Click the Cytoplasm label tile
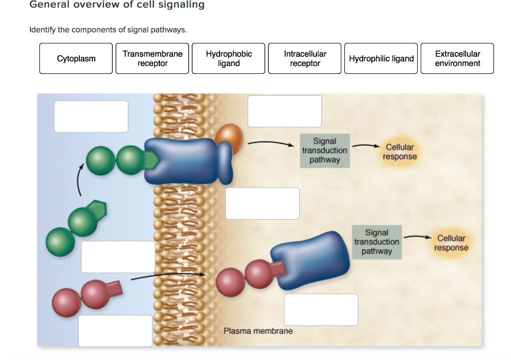click(x=76, y=58)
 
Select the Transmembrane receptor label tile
click(x=152, y=58)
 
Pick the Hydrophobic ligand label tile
click(x=229, y=58)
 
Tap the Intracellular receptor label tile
click(x=305, y=58)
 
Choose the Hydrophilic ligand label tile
click(x=381, y=58)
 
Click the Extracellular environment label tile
click(x=457, y=58)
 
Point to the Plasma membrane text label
click(x=258, y=331)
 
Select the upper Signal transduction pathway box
click(x=324, y=151)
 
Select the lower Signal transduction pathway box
click(x=376, y=242)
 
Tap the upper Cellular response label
click(x=400, y=152)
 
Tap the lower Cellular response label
click(x=451, y=243)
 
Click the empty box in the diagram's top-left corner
click(x=91, y=116)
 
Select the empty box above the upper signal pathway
click(x=284, y=111)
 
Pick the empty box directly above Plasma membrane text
click(x=321, y=310)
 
